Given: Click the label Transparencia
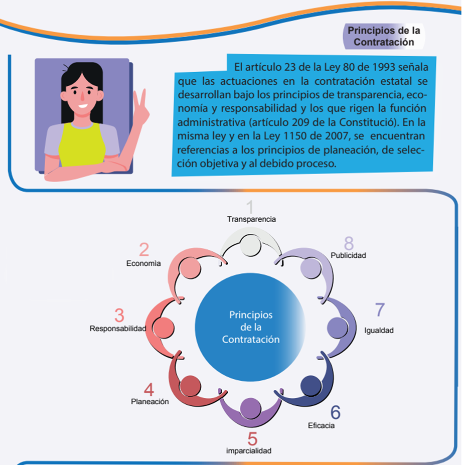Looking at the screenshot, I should tap(251, 219).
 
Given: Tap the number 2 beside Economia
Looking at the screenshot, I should tap(144, 250).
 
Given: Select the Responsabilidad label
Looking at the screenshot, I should tap(117, 329).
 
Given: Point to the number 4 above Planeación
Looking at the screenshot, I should tap(149, 389).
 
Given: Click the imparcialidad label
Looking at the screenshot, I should tap(249, 450).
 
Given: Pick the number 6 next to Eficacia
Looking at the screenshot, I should tap(335, 412).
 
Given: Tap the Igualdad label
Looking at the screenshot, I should tap(379, 331).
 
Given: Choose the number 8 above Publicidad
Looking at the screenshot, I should tap(349, 243).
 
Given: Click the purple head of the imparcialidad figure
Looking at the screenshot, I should tap(249, 408).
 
